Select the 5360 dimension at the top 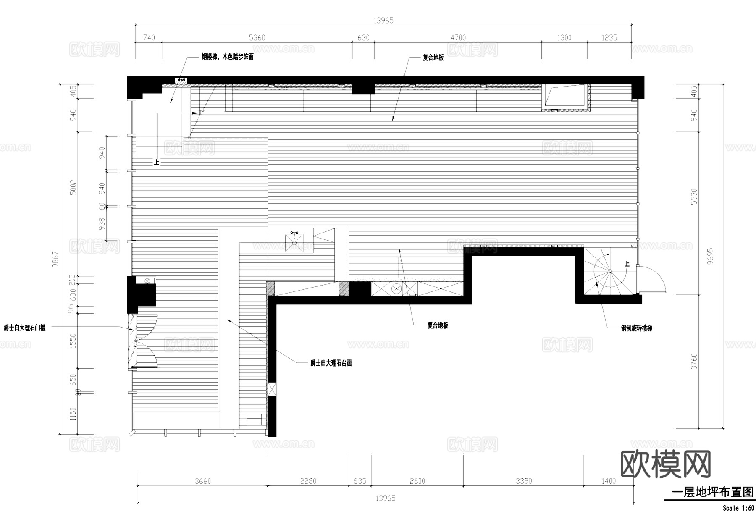click(x=257, y=38)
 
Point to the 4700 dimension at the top click(x=458, y=38)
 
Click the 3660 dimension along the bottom click(x=203, y=481)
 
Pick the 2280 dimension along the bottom click(x=308, y=481)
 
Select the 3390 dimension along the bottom click(x=524, y=481)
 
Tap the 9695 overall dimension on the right click(x=710, y=256)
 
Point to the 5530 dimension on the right click(x=694, y=197)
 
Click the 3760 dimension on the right click(x=694, y=362)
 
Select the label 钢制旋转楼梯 click(x=637, y=328)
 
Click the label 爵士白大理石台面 click(x=331, y=363)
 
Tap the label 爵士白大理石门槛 click(x=25, y=328)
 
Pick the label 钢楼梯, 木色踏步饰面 click(x=228, y=57)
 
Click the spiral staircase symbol click(x=609, y=271)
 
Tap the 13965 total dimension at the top click(x=383, y=20)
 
